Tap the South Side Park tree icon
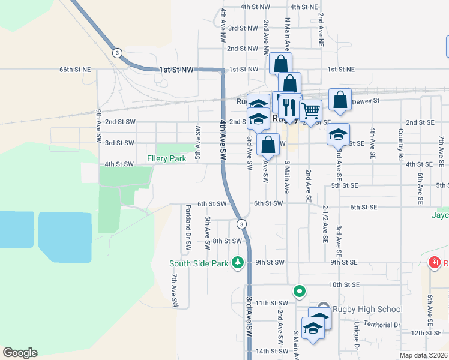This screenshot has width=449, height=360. coord(238,263)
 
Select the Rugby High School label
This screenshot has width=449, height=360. coord(367,310)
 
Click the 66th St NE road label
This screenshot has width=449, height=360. coord(74,70)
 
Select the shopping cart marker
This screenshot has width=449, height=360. coord(310,110)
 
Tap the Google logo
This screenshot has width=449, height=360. coord(20,353)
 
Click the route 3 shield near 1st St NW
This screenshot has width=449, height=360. coord(117,53)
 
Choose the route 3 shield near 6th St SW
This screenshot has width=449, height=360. coord(241,224)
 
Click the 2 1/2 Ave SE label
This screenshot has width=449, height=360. coord(325,223)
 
